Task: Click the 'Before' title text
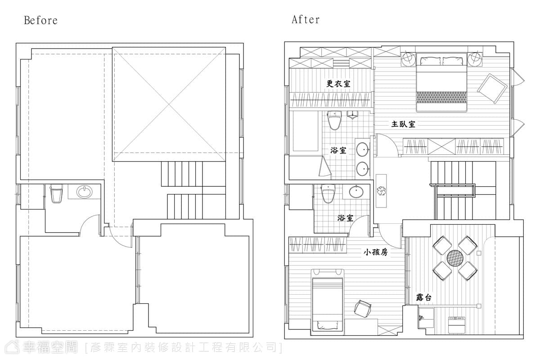(41, 21)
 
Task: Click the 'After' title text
(306, 19)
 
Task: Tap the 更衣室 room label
(338, 84)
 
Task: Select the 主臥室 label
(403, 124)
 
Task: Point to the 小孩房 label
(376, 252)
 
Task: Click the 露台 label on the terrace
(423, 297)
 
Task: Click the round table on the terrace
(455, 258)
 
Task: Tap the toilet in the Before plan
(56, 193)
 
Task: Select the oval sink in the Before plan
(85, 192)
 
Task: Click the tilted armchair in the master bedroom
(492, 89)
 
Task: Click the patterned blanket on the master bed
(441, 97)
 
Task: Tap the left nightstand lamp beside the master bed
(409, 59)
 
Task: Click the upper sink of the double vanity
(362, 149)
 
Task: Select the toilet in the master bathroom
(335, 120)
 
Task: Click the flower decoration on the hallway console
(381, 191)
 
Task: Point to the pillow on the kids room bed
(327, 325)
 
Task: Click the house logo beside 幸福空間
(12, 347)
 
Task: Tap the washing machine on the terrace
(456, 325)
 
